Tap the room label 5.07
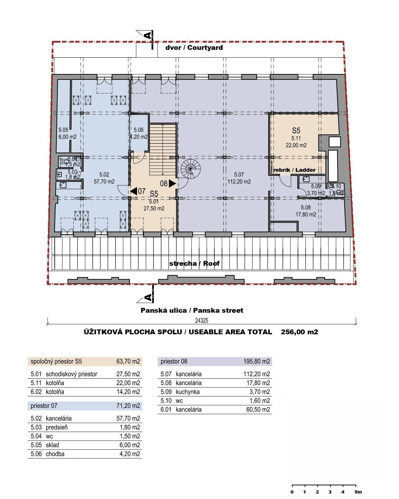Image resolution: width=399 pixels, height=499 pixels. click(239, 174)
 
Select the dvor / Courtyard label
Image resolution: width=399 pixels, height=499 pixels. click(194, 48)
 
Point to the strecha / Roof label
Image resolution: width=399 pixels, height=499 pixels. click(194, 263)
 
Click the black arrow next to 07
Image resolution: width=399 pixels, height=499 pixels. click(134, 191)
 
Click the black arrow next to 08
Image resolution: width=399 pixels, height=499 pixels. click(172, 183)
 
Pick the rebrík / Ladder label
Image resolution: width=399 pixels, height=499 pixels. click(294, 170)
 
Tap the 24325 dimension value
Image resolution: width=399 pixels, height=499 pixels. click(201, 320)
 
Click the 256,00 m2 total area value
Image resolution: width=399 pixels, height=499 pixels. click(299, 332)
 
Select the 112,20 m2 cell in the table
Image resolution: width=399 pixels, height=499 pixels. click(256, 374)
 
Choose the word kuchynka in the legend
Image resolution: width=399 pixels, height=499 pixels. click(188, 392)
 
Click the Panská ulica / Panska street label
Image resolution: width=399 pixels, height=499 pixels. click(192, 310)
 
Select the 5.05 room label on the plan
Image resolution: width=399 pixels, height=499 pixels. click(63, 130)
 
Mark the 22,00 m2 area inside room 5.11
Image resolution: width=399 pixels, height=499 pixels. click(296, 145)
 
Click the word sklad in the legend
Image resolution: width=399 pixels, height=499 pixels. click(52, 445)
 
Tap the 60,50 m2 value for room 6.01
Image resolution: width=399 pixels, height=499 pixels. click(258, 410)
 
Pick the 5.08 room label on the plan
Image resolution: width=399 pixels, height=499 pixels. click(305, 207)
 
